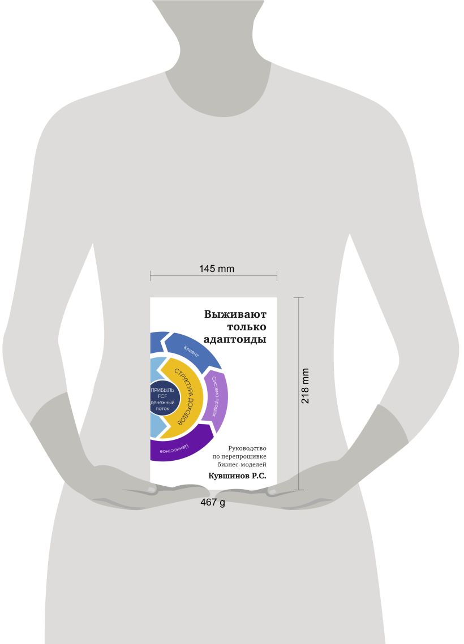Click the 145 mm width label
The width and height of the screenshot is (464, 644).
pos(217,269)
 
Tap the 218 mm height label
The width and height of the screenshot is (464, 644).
pos(305,386)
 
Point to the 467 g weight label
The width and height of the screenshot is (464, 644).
pos(213,502)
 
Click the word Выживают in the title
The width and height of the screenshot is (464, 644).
pos(235,314)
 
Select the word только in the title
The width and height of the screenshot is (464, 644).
pos(246,327)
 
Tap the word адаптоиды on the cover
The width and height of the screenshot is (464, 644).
pos(235,340)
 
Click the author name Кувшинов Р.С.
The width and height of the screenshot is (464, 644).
pos(237,476)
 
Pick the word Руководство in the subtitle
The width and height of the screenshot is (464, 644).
pos(247,448)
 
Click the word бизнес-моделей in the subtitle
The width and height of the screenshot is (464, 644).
pos(242,464)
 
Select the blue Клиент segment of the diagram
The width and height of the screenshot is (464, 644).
pos(192,349)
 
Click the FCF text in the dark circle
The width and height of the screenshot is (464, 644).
pos(162,396)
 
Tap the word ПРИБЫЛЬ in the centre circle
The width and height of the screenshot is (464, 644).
pos(163,390)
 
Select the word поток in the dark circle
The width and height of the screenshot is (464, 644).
pos(162,409)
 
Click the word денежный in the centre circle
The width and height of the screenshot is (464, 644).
pos(163,403)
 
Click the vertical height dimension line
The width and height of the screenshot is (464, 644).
pos(299,394)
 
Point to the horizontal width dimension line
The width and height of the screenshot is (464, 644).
pos(213,276)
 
